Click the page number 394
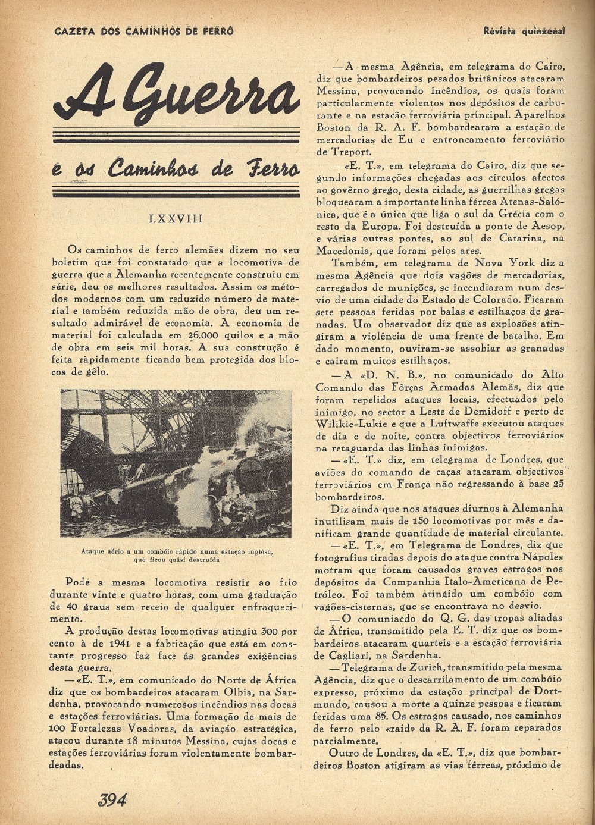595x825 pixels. click(x=112, y=800)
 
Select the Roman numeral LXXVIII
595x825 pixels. click(x=176, y=219)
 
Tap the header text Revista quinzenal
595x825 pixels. click(x=524, y=30)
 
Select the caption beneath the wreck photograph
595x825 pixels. click(x=177, y=556)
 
